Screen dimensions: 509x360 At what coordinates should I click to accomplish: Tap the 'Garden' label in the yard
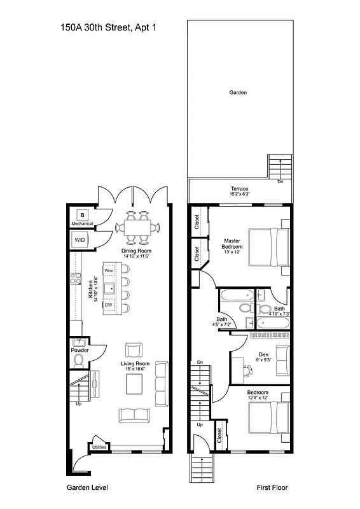[237, 93]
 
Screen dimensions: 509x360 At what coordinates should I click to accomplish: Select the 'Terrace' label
[239, 189]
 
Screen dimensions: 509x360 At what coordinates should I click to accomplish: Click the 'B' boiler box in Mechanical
[81, 215]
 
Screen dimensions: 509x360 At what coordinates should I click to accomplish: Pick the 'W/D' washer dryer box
[80, 240]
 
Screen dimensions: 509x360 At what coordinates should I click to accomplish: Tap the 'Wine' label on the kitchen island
[108, 271]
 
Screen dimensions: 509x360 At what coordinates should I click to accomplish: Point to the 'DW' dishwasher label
[108, 305]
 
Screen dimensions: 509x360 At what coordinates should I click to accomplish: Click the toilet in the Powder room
[79, 361]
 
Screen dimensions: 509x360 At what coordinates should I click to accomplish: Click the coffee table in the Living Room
[135, 384]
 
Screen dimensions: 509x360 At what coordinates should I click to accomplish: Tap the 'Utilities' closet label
[99, 447]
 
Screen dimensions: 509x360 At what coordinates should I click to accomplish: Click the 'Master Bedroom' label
[232, 244]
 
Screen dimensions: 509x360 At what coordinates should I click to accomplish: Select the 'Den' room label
[263, 354]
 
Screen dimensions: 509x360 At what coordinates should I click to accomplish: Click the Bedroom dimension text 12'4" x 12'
[258, 398]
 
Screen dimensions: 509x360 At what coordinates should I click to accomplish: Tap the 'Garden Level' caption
[87, 487]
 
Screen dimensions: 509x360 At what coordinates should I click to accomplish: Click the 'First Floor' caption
[272, 487]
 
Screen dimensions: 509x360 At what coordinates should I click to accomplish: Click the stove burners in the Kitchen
[75, 278]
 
